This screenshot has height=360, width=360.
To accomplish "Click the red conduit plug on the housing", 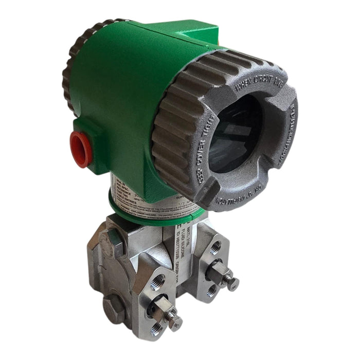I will click(81, 148).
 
